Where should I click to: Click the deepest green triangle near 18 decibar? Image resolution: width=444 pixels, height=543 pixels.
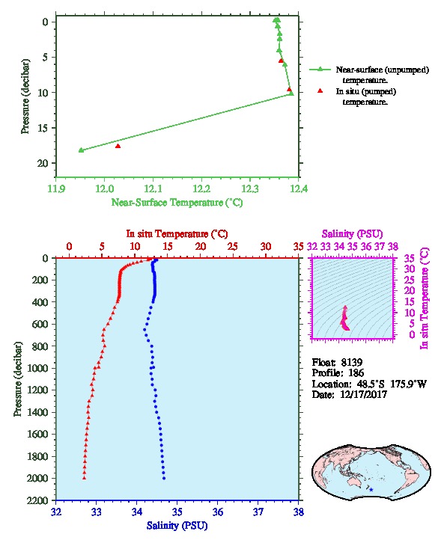tap(81, 150)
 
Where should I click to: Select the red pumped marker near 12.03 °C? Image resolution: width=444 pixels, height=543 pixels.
tap(118, 146)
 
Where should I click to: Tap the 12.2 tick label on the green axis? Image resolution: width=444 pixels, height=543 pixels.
tap(201, 188)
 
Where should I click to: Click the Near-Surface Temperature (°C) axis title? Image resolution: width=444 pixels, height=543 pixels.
tap(177, 202)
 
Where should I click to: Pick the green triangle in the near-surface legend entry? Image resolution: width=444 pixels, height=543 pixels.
tap(320, 70)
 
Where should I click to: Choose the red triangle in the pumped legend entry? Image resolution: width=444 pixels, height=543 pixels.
tap(320, 90)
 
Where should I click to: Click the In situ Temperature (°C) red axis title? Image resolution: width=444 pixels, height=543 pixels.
tap(177, 234)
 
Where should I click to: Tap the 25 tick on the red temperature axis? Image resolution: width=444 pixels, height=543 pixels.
tap(233, 246)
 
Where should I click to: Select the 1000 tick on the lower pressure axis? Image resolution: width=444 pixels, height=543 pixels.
tap(37, 368)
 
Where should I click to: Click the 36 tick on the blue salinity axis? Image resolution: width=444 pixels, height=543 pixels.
tap(218, 512)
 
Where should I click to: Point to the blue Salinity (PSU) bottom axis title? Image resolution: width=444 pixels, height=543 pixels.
tap(177, 526)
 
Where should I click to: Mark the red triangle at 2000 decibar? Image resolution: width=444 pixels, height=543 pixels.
tap(84, 478)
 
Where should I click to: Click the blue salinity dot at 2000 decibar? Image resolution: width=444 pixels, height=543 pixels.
tap(164, 478)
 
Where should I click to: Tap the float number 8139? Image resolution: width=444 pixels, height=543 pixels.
tap(352, 362)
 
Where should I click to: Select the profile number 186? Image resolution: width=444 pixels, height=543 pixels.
tap(356, 372)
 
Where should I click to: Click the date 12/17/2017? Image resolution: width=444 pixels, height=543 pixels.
tap(363, 394)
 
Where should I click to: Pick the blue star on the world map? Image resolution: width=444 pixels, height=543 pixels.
tap(371, 490)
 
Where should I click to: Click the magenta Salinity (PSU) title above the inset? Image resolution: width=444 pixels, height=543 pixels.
tap(352, 234)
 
